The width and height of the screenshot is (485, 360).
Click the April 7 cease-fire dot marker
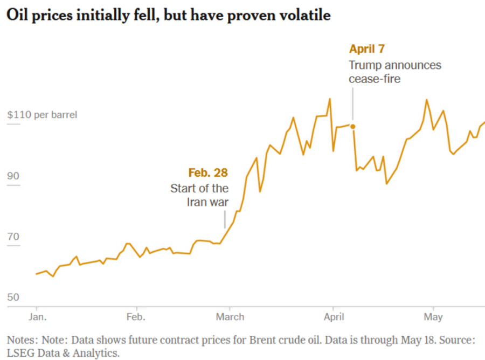pyautogui.click(x=352, y=127)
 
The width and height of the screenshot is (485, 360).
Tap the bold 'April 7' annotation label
pyautogui.click(x=367, y=49)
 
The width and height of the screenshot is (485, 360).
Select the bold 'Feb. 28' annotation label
pyautogui.click(x=208, y=172)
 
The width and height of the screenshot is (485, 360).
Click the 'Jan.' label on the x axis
pyautogui.click(x=37, y=317)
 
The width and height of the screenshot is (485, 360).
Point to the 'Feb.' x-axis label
pyautogui.click(x=136, y=317)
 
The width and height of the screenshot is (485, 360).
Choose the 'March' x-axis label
pyautogui.click(x=230, y=317)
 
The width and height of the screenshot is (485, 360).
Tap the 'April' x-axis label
pyautogui.click(x=334, y=317)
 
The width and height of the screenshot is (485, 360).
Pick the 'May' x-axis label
pyautogui.click(x=433, y=317)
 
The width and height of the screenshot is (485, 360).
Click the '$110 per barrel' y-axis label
pyautogui.click(x=42, y=115)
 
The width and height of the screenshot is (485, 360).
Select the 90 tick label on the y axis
pyautogui.click(x=13, y=176)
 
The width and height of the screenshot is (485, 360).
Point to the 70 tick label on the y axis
pyautogui.click(x=13, y=237)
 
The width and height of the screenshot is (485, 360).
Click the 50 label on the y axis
pyautogui.click(x=13, y=297)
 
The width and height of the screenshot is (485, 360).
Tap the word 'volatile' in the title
pyautogui.click(x=304, y=15)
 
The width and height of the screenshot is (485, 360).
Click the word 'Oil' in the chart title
pyautogui.click(x=18, y=15)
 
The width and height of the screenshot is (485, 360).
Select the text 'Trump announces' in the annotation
pyautogui.click(x=395, y=65)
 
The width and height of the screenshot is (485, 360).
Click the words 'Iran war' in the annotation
pyautogui.click(x=207, y=202)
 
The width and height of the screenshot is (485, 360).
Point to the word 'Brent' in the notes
pyautogui.click(x=263, y=340)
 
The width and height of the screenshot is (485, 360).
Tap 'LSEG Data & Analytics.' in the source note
pyautogui.click(x=63, y=353)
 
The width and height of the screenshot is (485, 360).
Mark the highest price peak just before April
pyautogui.click(x=330, y=99)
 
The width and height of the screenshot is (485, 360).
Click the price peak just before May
pyautogui.click(x=427, y=100)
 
